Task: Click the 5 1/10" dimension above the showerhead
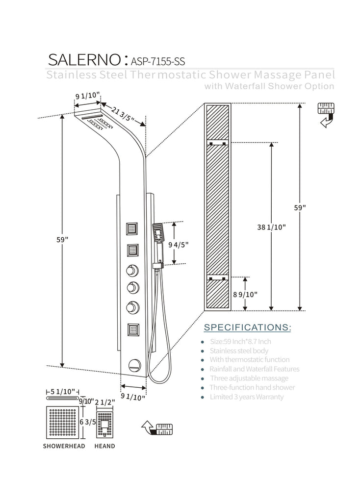(x=63, y=391)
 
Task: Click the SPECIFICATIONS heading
(x=247, y=327)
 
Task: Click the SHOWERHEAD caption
(x=64, y=446)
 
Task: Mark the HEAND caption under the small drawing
(x=105, y=446)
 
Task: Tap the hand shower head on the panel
(x=158, y=233)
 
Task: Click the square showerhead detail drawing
(x=64, y=421)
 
